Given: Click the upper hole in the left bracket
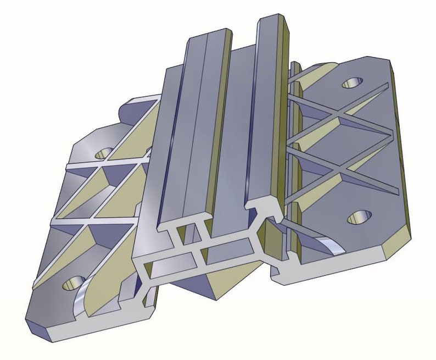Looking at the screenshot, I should click(103, 153).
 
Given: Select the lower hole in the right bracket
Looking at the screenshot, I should click(360, 218).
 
